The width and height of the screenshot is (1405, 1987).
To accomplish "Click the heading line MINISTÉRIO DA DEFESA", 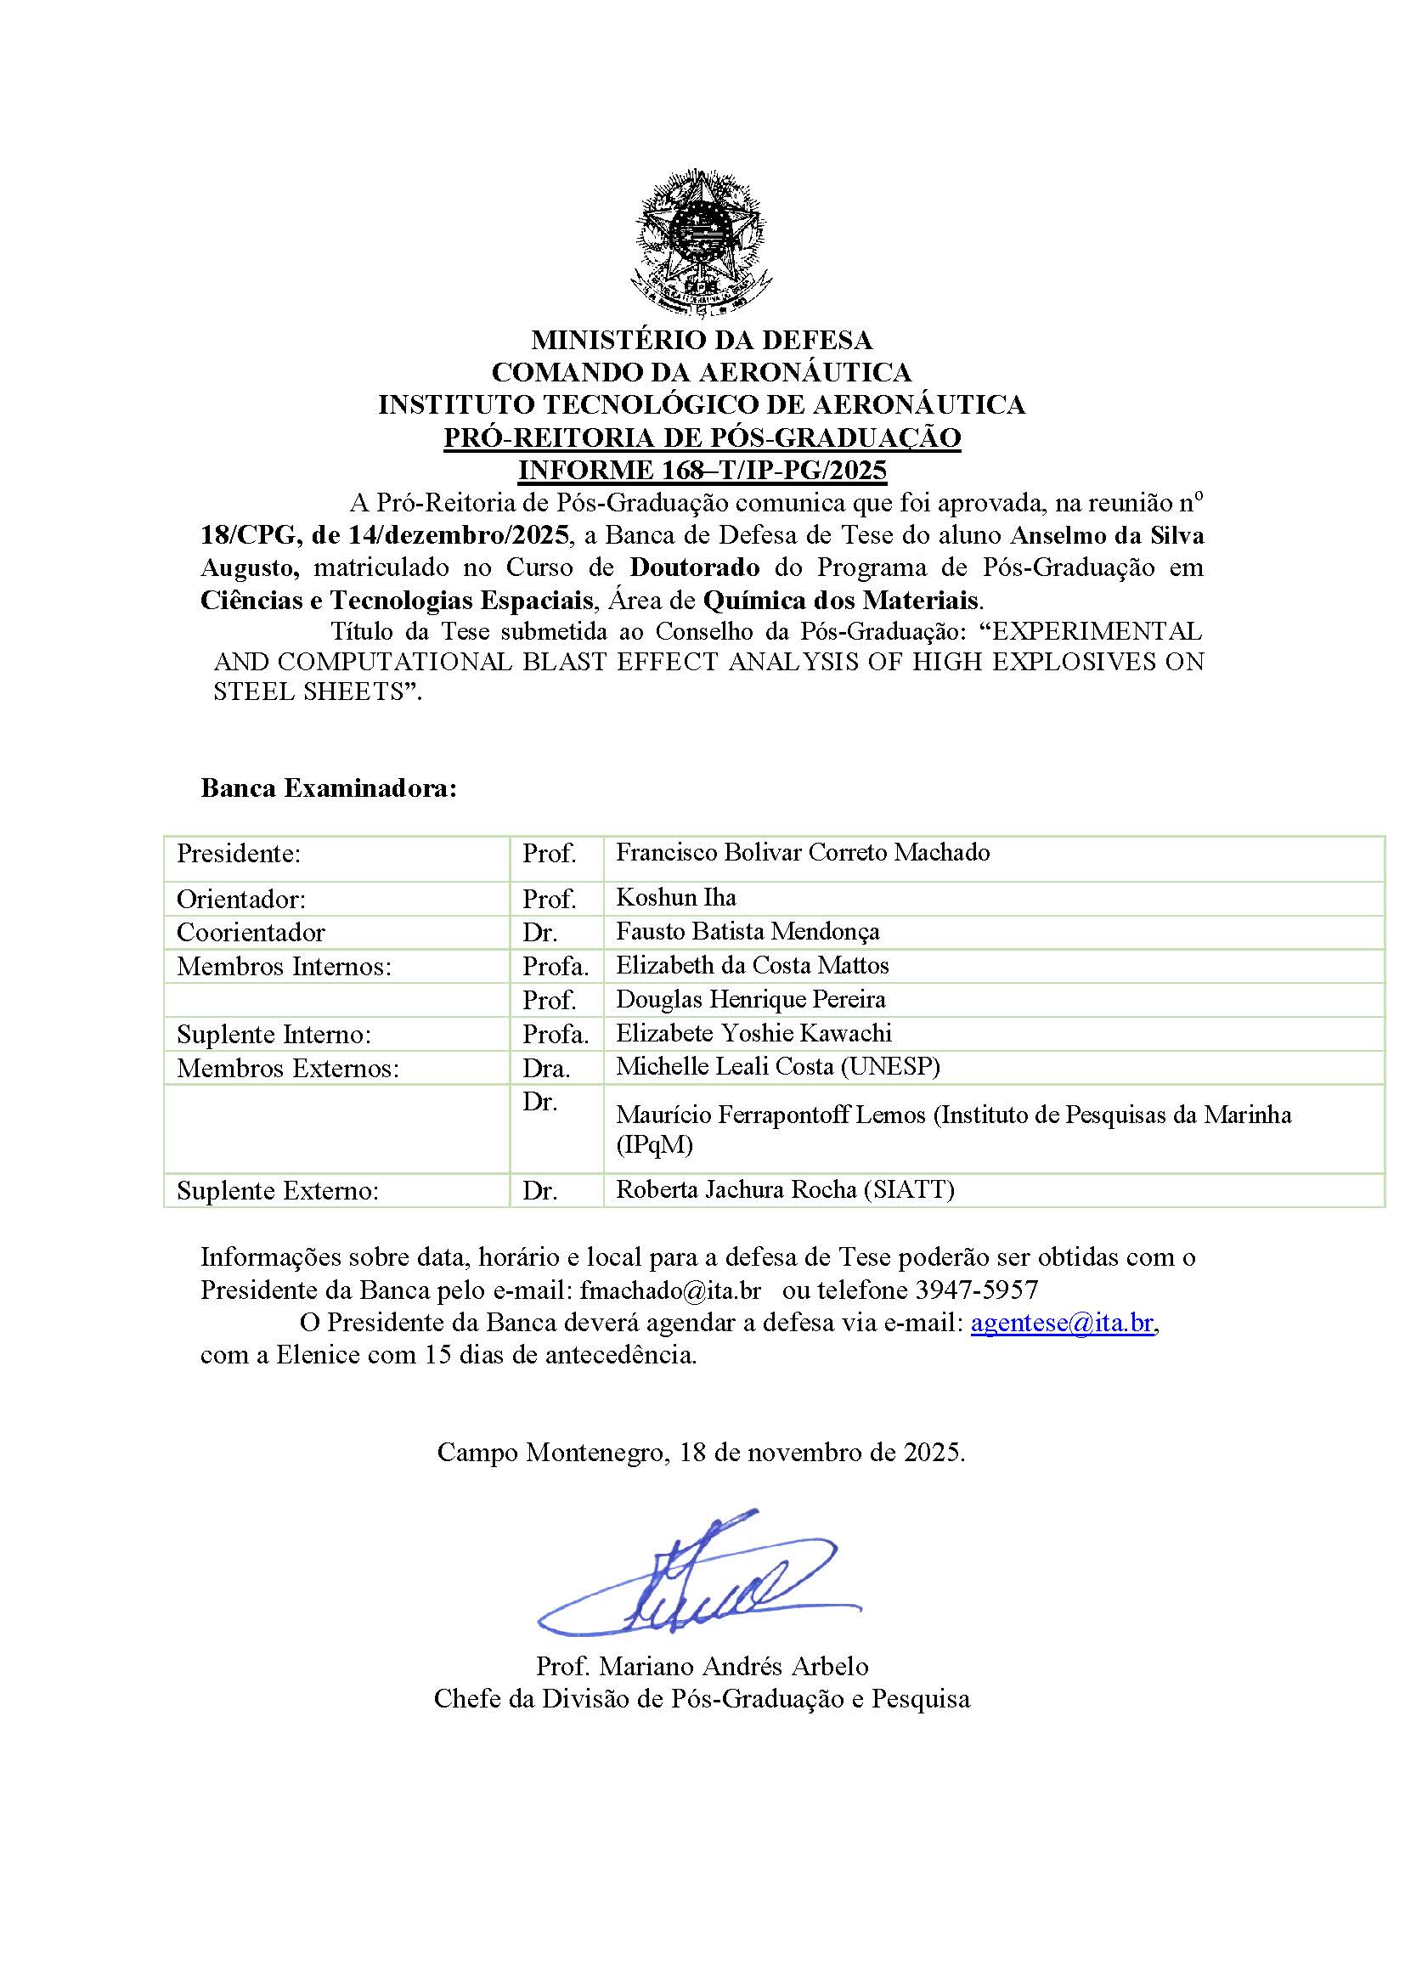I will pyautogui.click(x=702, y=339).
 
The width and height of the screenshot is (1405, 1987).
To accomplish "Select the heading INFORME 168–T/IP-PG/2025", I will pyautogui.click(x=702, y=470).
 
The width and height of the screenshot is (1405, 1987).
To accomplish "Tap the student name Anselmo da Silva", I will pyautogui.click(x=1108, y=535).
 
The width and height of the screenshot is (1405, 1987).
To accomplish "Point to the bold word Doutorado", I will pyautogui.click(x=695, y=567).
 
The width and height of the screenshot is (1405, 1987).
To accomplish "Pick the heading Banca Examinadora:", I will pyautogui.click(x=328, y=788).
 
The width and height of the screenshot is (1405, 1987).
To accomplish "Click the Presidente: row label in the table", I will pyautogui.click(x=239, y=853).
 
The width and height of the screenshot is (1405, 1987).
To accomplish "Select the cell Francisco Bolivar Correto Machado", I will pyautogui.click(x=802, y=852).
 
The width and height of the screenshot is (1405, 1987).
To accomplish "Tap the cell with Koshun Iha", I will pyautogui.click(x=675, y=897).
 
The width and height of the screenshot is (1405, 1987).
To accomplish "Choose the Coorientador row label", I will pyautogui.click(x=251, y=932).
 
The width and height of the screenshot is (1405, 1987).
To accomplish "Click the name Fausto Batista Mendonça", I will pyautogui.click(x=748, y=931).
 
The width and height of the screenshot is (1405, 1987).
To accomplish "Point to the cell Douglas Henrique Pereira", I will pyautogui.click(x=750, y=1000).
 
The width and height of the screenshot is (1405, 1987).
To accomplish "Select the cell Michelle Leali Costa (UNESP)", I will pyautogui.click(x=777, y=1066).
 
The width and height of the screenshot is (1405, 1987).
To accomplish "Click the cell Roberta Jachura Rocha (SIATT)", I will pyautogui.click(x=785, y=1189).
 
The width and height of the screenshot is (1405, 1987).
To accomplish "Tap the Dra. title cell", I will pyautogui.click(x=546, y=1069).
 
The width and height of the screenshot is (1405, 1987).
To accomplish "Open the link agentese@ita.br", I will pyautogui.click(x=1062, y=1323).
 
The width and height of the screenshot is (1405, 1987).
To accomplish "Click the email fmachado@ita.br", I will pyautogui.click(x=670, y=1290).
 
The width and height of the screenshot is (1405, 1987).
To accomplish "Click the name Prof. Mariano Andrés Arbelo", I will pyautogui.click(x=702, y=1666).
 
